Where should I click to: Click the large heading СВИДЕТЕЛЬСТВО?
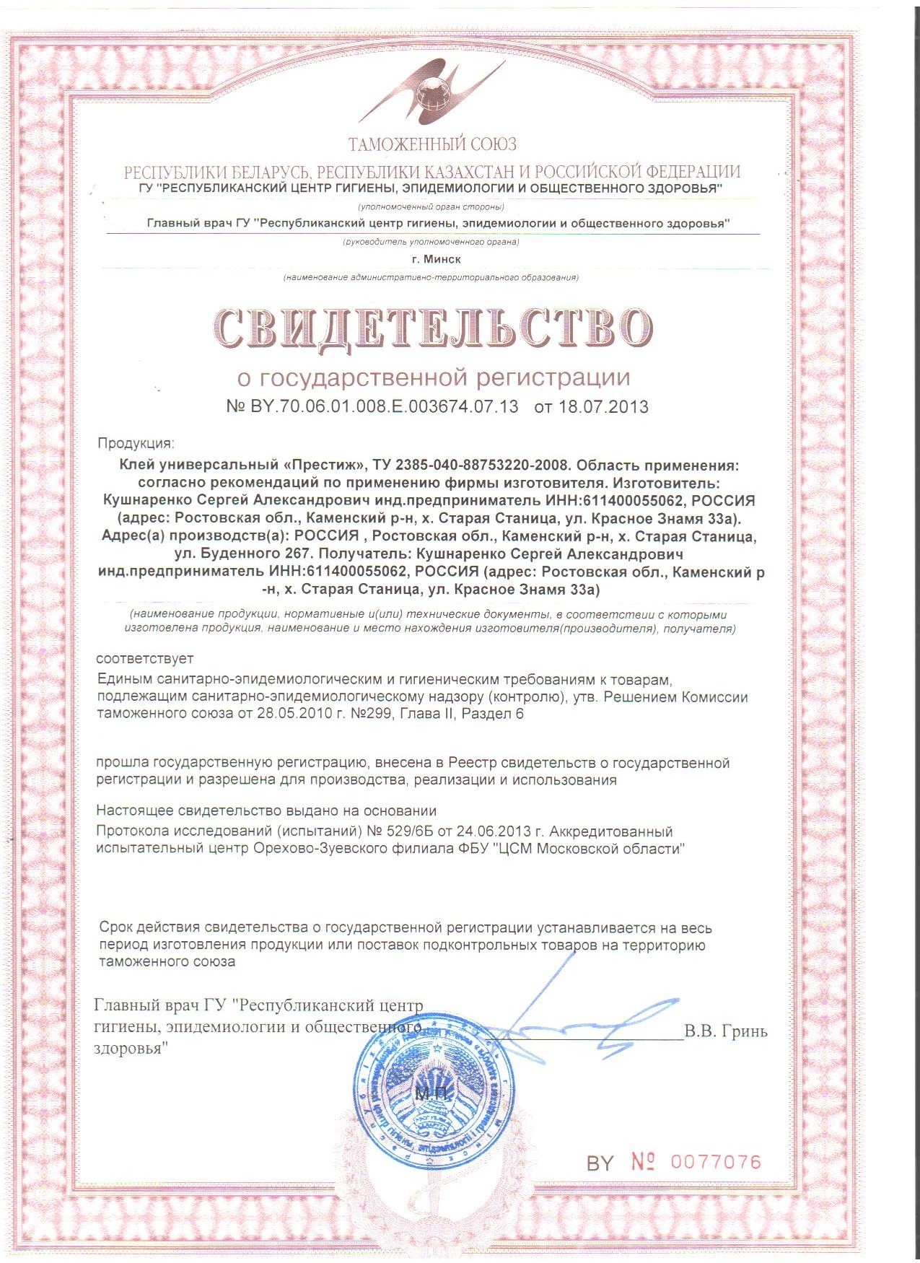(x=432, y=327)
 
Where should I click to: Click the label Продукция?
(x=136, y=443)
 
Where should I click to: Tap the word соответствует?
(x=145, y=658)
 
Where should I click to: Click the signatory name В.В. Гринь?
(x=725, y=1031)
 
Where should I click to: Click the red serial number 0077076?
(x=716, y=1162)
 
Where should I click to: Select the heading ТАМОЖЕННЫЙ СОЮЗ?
(x=432, y=145)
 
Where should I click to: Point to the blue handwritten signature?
(x=577, y=1018)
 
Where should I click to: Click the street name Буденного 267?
(x=243, y=555)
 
